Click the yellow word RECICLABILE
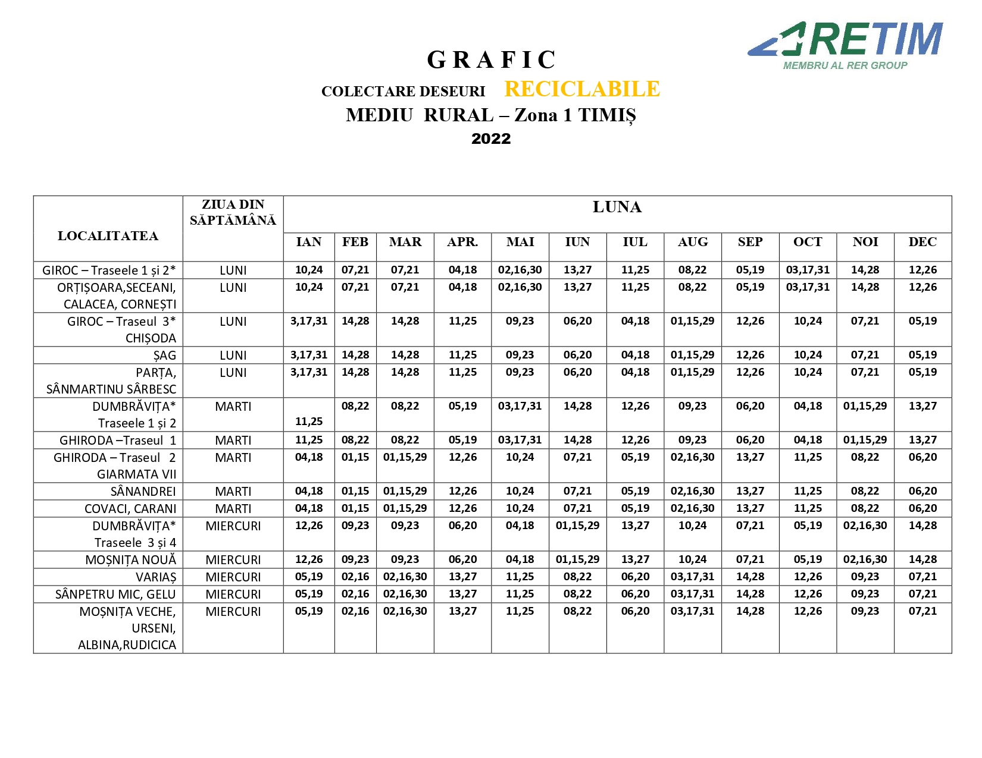point(582,89)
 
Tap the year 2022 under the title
point(491,139)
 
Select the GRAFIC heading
point(491,59)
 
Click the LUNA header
point(617,207)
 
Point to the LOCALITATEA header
point(108,236)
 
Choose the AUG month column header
point(693,242)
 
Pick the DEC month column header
point(922,242)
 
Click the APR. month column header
point(462,242)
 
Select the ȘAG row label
point(164,356)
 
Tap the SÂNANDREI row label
point(143,492)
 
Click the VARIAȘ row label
point(156,577)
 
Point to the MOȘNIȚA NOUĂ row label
point(131,560)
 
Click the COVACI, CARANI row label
point(130,509)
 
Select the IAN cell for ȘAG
point(309,355)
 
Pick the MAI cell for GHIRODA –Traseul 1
point(520,440)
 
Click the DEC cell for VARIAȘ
point(922,577)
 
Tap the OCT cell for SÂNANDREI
point(808,491)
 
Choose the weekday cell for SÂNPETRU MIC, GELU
point(233,595)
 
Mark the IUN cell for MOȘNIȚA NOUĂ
point(577,559)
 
